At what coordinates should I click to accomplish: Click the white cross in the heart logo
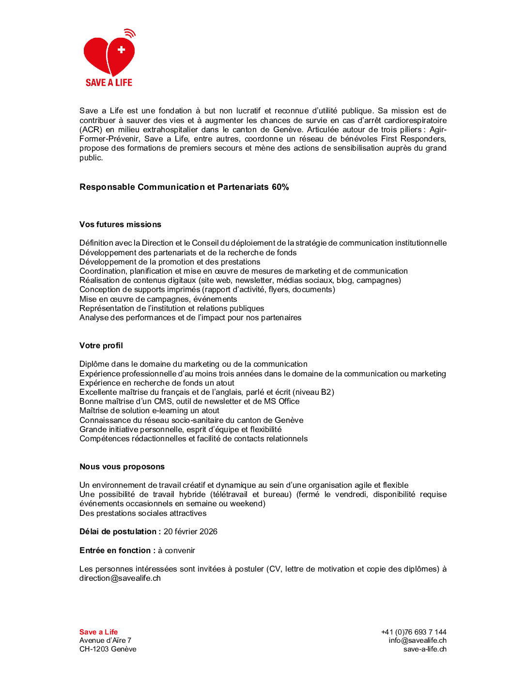coord(122,49)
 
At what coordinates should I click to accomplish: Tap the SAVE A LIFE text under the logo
coord(109,83)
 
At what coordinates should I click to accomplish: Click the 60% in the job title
coord(280,187)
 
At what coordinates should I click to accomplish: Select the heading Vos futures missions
coord(120,224)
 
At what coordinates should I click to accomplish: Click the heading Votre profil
coord(101,345)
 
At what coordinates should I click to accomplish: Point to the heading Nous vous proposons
coord(122,466)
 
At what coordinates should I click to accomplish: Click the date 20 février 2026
coord(190,531)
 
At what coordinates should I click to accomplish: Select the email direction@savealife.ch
coord(120,578)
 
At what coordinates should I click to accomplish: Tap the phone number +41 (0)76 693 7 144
coord(414,632)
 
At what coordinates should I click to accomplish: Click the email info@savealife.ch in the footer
coord(418,640)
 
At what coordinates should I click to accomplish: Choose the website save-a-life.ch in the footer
coord(425,649)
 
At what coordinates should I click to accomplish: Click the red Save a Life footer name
coord(98,632)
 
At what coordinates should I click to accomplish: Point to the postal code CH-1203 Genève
coord(108,649)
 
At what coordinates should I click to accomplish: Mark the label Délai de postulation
coord(118,531)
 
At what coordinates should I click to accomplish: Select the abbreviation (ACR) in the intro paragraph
coord(91,129)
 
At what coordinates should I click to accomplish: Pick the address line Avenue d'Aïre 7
coord(105,640)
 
